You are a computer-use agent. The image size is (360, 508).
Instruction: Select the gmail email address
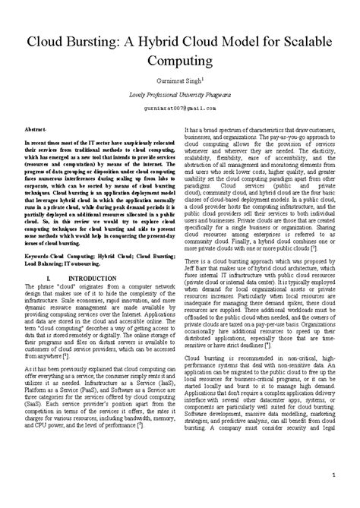tap(180, 108)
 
